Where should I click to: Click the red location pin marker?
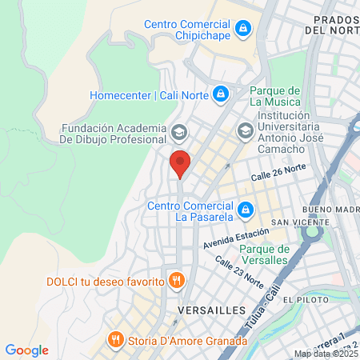click(180, 163)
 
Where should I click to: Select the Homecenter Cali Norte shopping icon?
click(220, 95)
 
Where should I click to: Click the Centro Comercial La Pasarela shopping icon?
click(246, 210)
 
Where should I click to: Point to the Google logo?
click(26, 350)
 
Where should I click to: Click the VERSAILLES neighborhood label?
click(206, 309)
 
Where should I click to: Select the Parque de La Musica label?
click(275, 96)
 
